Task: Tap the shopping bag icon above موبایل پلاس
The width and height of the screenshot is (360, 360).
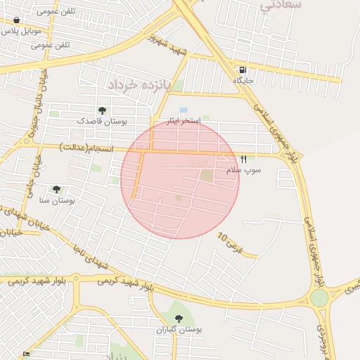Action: [x=16, y=20]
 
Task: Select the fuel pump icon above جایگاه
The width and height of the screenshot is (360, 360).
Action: [x=243, y=70]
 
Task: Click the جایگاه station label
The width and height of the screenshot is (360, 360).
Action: [x=243, y=81]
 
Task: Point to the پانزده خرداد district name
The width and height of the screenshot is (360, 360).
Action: [x=129, y=84]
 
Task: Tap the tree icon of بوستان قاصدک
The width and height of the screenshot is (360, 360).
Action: [x=103, y=110]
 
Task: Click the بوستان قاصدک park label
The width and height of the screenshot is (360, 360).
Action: [x=103, y=121]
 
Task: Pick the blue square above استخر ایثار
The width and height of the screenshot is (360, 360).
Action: [x=184, y=110]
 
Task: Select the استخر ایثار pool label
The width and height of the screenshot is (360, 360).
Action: [x=184, y=121]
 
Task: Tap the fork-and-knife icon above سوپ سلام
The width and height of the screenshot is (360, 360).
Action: [x=243, y=160]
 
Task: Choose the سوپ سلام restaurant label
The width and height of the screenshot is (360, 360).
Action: [x=243, y=170]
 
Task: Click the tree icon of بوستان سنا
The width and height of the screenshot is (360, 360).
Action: [x=56, y=189]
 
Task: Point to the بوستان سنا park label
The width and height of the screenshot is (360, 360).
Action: [x=57, y=200]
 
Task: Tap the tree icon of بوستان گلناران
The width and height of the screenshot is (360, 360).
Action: [x=179, y=319]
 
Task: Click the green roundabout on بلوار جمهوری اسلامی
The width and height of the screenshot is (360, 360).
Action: [x=319, y=298]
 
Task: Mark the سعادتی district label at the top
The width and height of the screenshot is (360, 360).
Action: [x=281, y=5]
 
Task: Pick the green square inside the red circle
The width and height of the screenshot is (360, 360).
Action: [x=207, y=175]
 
